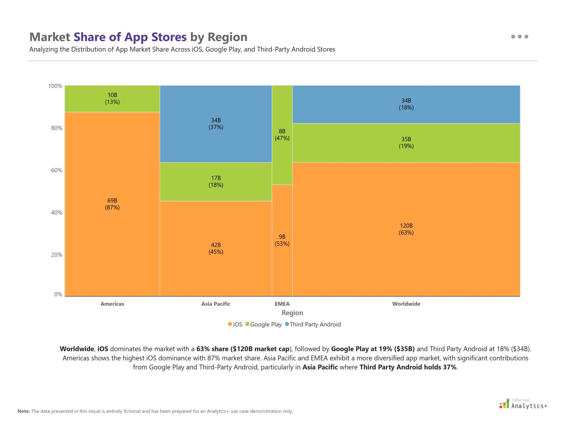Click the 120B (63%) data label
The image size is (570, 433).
coord(406,229)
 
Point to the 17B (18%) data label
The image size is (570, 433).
coord(216,181)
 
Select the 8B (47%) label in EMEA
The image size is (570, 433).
coord(282,135)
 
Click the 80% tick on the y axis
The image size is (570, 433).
coord(57,128)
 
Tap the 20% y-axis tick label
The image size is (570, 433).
coord(57,255)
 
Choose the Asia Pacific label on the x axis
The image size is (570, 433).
coord(216,304)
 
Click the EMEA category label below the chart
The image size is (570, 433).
coord(282,304)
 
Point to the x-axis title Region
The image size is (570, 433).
coord(292,313)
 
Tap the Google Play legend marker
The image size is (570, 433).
coord(247,324)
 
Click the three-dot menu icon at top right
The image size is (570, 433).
coord(519,37)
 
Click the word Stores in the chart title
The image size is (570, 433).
coord(169,37)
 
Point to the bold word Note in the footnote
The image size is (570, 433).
coord(23,411)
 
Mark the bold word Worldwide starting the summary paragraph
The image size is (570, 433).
coord(77,349)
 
